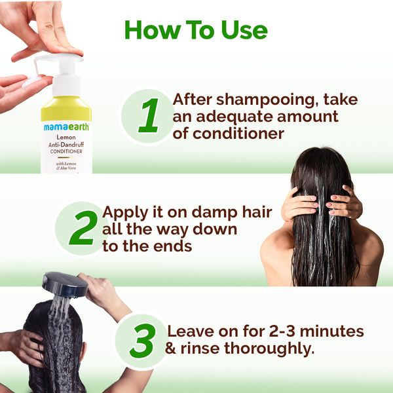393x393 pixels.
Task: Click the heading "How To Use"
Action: (x=196, y=29)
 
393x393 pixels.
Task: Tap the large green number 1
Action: (x=150, y=117)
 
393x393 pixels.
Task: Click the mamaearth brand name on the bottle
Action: (x=66, y=127)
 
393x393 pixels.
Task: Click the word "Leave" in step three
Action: (x=191, y=331)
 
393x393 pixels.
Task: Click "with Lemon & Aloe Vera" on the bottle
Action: (x=66, y=166)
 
